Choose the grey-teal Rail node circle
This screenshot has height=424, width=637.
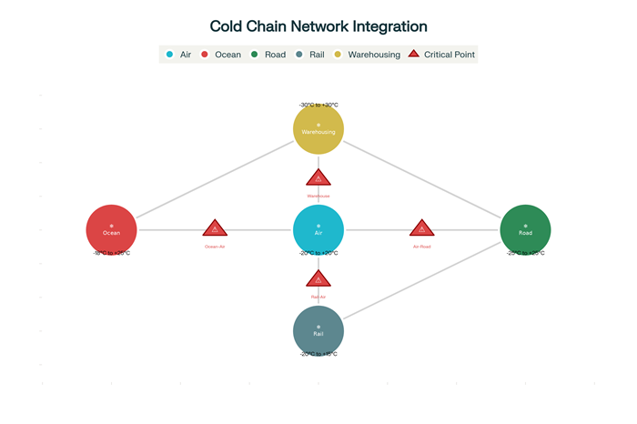tap(318, 330)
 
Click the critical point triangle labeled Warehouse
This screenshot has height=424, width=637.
tap(318, 178)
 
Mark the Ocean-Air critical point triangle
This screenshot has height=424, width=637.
tap(215, 228)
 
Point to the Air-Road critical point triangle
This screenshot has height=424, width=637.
tap(421, 228)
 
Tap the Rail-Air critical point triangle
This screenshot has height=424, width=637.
tap(318, 279)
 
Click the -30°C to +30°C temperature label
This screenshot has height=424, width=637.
tap(318, 106)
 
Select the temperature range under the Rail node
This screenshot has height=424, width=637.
tap(318, 354)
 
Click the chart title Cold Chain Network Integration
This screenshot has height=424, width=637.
tap(318, 27)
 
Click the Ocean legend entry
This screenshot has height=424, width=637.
tap(221, 55)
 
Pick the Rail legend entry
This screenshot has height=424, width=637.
tap(310, 55)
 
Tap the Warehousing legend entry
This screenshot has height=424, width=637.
tap(368, 55)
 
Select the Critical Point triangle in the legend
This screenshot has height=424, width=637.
tap(414, 55)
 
